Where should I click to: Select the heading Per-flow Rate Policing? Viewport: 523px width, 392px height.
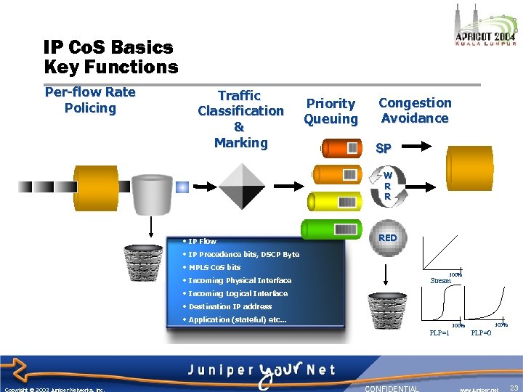pos(90,100)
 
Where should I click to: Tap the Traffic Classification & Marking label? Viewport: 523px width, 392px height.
pos(240,119)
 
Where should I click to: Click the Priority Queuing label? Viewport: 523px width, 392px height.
pos(331,111)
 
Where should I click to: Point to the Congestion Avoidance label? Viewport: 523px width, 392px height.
pos(415,110)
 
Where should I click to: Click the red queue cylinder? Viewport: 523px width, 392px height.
pos(341,149)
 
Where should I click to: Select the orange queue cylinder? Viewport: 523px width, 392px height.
pos(336,175)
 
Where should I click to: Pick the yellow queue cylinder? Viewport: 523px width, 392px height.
pos(333,200)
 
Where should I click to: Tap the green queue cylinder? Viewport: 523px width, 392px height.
pos(332,227)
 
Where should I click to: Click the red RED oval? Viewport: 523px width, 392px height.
pos(388,237)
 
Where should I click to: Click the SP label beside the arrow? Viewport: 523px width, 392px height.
pos(384,148)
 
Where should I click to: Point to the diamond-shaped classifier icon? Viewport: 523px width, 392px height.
pos(243,187)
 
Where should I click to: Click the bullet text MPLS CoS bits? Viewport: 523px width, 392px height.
pos(214,267)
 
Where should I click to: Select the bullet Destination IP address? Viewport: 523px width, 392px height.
pos(230,306)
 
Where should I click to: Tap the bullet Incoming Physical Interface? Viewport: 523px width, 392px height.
pos(239,280)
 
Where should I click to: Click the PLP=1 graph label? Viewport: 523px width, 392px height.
pos(439,332)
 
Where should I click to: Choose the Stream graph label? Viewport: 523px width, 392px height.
pos(440,280)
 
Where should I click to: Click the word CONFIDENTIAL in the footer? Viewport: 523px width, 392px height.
pos(392,388)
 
